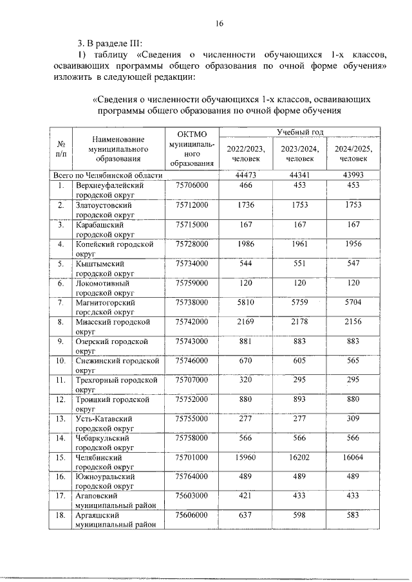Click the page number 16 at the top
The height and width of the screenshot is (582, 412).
(x=219, y=24)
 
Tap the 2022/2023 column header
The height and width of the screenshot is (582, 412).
(x=245, y=153)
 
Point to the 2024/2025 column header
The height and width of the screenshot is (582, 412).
(x=354, y=153)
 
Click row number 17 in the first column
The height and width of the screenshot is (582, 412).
(x=61, y=496)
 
